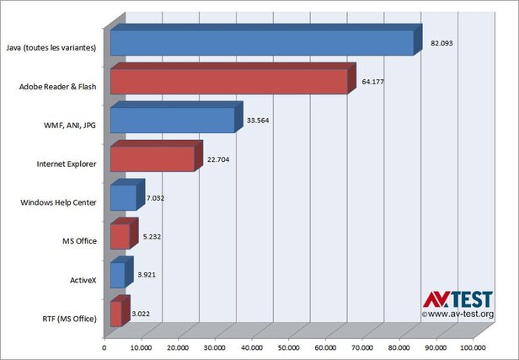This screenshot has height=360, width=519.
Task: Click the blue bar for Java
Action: [266, 40]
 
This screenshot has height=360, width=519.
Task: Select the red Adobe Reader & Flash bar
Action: [233, 78]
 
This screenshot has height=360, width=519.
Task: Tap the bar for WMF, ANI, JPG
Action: [176, 117]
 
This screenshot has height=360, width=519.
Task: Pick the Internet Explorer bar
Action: [156, 156]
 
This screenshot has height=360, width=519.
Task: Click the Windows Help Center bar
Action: [127, 195]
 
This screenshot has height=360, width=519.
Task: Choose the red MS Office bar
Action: [124, 234]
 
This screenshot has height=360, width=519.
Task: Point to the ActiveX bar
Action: [122, 272]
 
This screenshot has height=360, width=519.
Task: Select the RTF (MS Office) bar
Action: [120, 311]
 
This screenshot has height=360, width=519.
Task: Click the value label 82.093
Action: [441, 43]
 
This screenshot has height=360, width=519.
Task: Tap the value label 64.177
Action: [372, 82]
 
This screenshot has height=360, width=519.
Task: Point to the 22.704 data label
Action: [218, 159]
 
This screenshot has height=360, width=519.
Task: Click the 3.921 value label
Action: [147, 275]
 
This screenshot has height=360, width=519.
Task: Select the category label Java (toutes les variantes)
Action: [51, 48]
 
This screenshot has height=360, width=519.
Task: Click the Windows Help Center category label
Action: [58, 202]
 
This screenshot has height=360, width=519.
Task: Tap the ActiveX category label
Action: [83, 280]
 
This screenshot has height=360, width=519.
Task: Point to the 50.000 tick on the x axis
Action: [289, 347]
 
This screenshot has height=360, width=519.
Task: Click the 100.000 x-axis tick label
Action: [473, 347]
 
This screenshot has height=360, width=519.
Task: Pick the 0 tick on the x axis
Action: [104, 347]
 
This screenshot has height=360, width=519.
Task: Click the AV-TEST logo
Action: [457, 299]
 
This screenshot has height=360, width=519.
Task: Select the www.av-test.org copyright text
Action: [457, 314]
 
